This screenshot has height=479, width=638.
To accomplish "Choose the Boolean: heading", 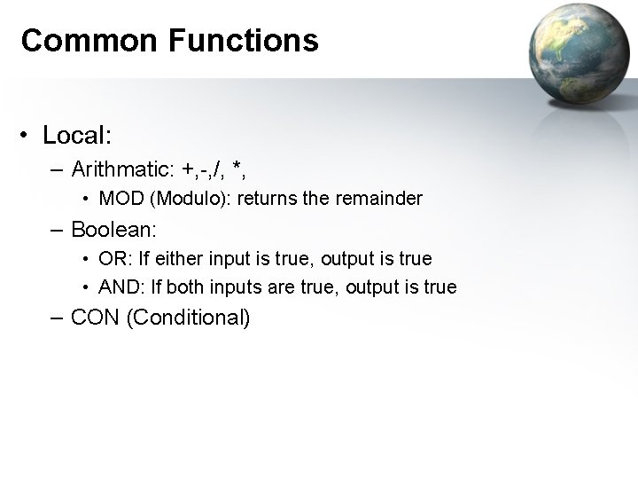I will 114,229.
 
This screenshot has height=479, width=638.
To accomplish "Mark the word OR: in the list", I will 114,259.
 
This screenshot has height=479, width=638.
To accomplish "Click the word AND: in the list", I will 119,287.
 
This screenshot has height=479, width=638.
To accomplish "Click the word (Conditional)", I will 189,318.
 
